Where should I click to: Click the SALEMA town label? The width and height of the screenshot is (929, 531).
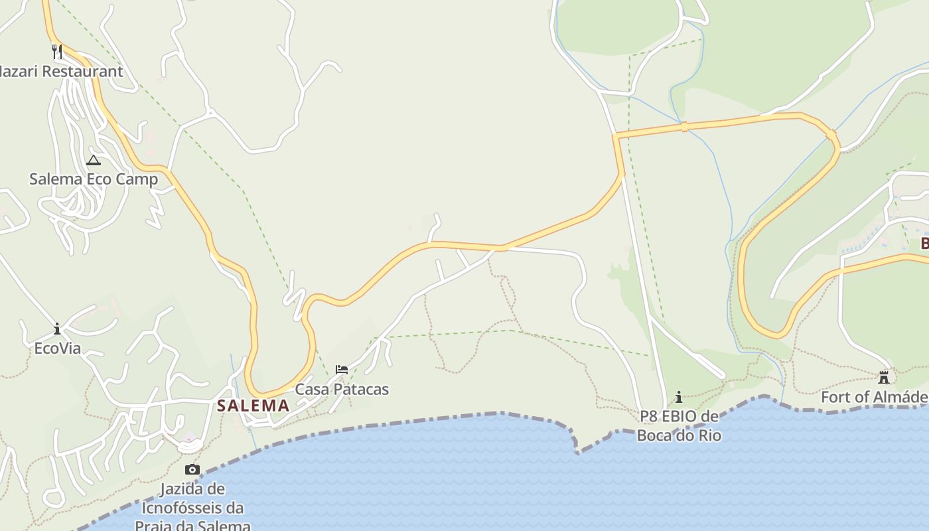click(253, 405)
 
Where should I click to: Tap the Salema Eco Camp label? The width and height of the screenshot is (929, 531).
click(94, 179)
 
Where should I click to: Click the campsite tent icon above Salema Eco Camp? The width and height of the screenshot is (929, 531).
click(94, 160)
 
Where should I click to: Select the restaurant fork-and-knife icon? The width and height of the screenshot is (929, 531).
click(57, 51)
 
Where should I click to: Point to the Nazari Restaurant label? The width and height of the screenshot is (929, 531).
click(60, 71)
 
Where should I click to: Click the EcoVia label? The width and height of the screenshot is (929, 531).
click(57, 348)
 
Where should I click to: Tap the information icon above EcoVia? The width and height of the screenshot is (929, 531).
click(57, 329)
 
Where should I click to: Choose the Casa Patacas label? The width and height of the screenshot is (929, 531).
click(342, 389)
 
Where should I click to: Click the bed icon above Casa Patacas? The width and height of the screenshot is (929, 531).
click(342, 370)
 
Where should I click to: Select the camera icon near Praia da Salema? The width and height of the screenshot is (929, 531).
click(192, 470)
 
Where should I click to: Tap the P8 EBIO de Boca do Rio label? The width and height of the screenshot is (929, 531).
click(679, 425)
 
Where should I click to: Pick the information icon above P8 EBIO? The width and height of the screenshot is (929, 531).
click(679, 398)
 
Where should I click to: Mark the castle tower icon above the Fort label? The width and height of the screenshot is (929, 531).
click(884, 378)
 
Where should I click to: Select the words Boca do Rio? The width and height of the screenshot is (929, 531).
click(679, 435)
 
